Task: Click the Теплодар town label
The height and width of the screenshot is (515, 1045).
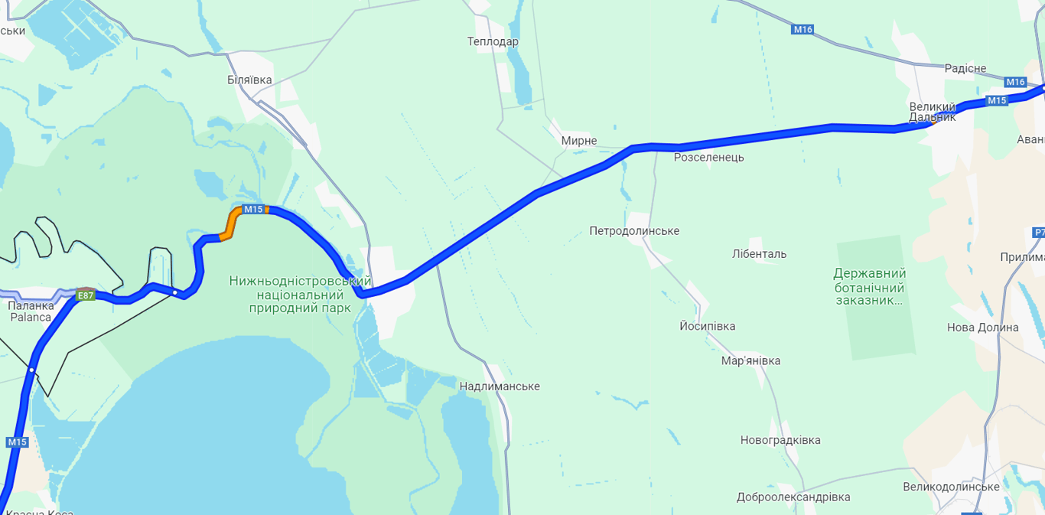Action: (x=493, y=41)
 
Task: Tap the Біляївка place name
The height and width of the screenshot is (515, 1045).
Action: (x=249, y=80)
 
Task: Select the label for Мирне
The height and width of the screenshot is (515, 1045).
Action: (x=579, y=141)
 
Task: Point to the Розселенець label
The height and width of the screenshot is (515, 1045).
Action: (x=708, y=158)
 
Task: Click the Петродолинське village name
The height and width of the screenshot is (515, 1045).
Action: (x=634, y=231)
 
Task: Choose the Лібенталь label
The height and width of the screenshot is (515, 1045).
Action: (x=759, y=254)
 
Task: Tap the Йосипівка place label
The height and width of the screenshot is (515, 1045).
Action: (x=707, y=327)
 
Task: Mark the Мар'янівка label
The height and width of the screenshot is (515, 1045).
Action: (x=750, y=361)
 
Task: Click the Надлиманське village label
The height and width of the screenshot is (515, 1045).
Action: (x=500, y=386)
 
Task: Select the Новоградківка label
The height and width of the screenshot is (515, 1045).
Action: (x=780, y=440)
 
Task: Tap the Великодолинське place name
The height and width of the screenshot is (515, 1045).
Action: (x=951, y=487)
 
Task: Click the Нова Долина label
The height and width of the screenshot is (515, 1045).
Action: (x=982, y=328)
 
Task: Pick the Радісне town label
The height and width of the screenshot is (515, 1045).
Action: (x=965, y=69)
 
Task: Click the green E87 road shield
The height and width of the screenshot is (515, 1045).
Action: (x=86, y=295)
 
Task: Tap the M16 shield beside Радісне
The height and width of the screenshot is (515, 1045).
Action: (x=1015, y=82)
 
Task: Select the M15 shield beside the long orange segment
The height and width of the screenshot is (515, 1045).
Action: (x=253, y=210)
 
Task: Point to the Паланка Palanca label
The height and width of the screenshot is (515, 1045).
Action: (x=31, y=311)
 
